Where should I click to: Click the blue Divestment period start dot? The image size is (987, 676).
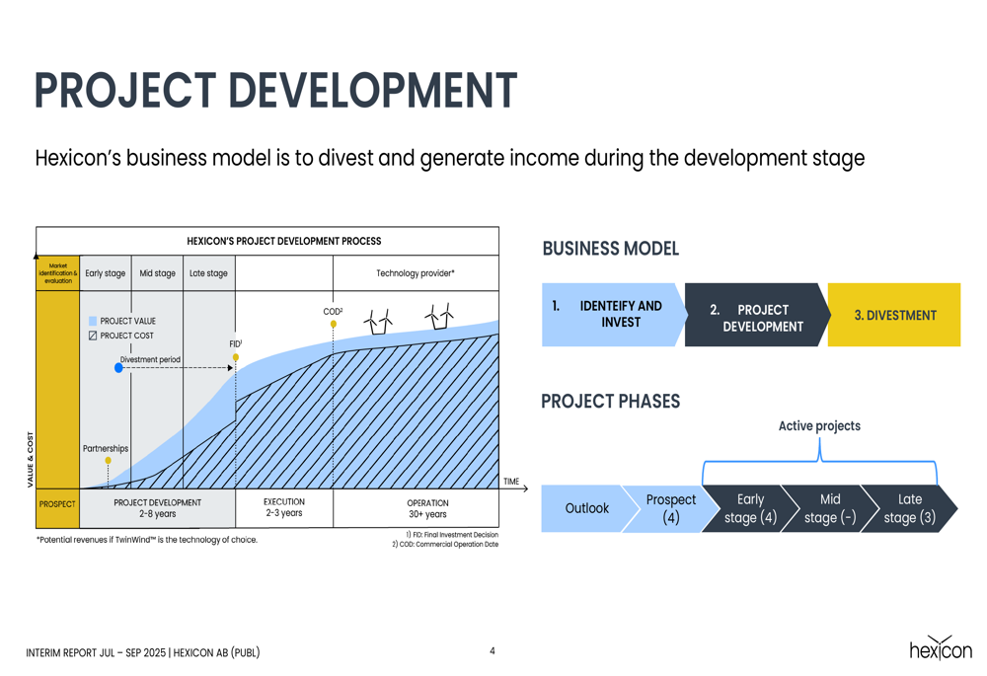click(x=118, y=367)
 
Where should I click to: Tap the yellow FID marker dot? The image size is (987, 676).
click(x=236, y=357)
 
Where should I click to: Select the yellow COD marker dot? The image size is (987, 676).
click(x=333, y=324)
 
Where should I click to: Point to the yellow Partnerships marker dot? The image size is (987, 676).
click(x=109, y=461)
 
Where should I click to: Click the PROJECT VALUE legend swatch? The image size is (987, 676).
click(x=93, y=321)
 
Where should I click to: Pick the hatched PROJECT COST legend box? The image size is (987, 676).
click(x=93, y=336)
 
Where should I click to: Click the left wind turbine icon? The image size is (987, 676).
click(x=378, y=322)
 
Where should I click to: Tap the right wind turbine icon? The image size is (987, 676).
click(x=439, y=316)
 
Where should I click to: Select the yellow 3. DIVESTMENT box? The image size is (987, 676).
click(x=894, y=315)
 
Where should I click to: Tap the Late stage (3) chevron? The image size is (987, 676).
click(x=909, y=508)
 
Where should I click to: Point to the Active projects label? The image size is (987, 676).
click(x=819, y=426)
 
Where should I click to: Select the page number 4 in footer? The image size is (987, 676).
click(x=493, y=650)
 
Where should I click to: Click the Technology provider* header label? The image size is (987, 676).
click(x=416, y=273)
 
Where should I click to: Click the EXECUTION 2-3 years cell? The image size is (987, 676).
click(x=284, y=508)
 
